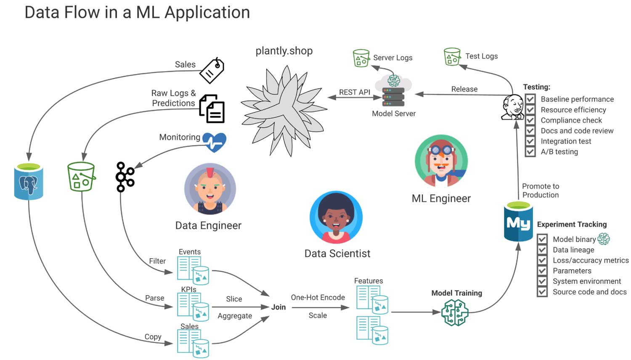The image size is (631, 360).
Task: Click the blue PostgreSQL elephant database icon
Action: click(29, 182)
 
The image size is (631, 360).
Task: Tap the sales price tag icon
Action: click(212, 70)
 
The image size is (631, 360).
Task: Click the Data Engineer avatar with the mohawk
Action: click(210, 189)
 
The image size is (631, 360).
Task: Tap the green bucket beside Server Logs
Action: click(361, 58)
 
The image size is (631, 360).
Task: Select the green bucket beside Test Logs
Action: click(452, 56)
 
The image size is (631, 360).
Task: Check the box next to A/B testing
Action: click(530, 151)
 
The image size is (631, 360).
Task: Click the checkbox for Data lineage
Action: click(542, 250)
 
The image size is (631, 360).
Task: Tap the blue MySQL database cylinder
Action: click(518, 222)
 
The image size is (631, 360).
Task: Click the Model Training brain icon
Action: click(455, 312)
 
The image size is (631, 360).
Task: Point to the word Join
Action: click(278, 307)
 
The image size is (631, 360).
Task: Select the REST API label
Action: click(355, 92)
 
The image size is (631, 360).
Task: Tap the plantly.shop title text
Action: click(284, 51)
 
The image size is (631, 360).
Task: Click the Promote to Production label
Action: click(541, 191)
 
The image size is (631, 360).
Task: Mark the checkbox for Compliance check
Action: click(530, 120)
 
